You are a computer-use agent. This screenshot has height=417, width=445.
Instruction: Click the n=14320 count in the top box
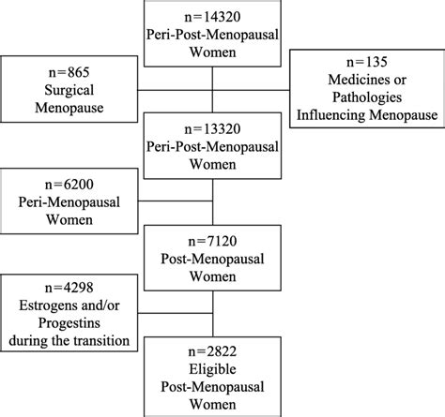pos(214,13)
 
